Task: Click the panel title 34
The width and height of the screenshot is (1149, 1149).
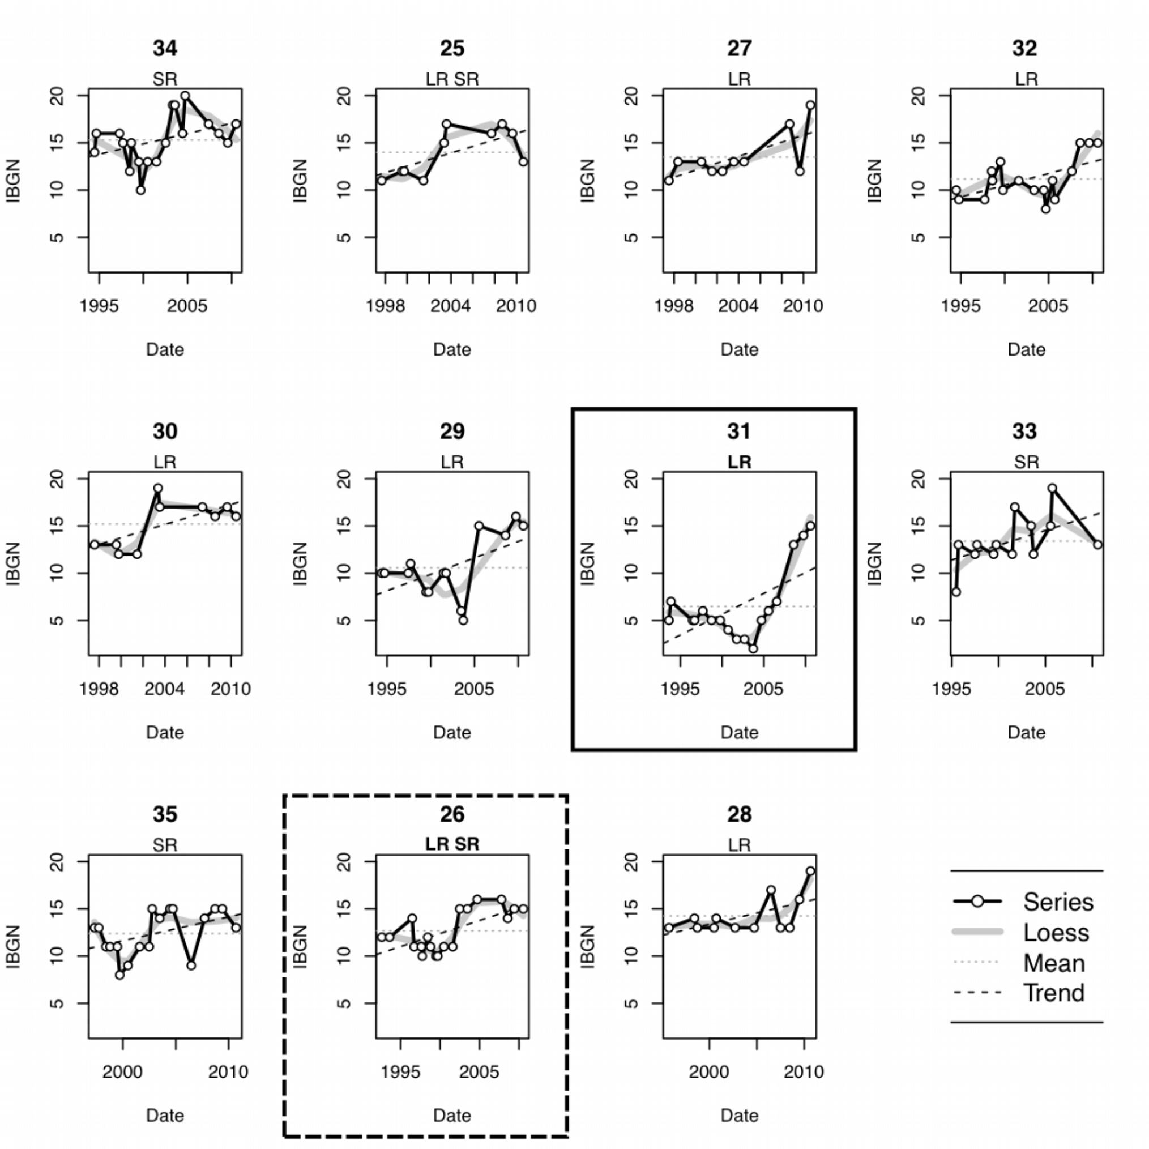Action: (165, 48)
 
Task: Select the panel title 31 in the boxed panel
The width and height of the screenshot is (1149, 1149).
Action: (738, 431)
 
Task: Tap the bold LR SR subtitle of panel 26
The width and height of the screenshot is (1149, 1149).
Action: (452, 844)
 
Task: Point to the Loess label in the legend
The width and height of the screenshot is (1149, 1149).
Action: (1056, 933)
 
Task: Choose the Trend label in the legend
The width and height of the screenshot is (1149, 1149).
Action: (1054, 993)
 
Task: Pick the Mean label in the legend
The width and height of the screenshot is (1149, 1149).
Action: (1054, 963)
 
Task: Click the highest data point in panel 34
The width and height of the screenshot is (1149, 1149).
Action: (185, 96)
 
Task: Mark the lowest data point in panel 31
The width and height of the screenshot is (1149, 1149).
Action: (753, 648)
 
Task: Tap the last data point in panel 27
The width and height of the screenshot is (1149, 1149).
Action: (810, 105)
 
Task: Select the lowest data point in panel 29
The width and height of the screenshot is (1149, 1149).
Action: (463, 620)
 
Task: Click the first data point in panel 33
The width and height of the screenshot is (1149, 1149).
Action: (956, 592)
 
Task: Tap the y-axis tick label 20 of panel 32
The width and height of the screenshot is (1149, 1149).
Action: (919, 96)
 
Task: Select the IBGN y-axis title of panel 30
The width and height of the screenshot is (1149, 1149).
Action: (13, 563)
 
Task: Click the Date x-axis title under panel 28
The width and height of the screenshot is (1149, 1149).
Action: (739, 1115)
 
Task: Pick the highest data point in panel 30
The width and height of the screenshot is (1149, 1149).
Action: (157, 488)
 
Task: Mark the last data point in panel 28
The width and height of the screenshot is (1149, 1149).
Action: (810, 872)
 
